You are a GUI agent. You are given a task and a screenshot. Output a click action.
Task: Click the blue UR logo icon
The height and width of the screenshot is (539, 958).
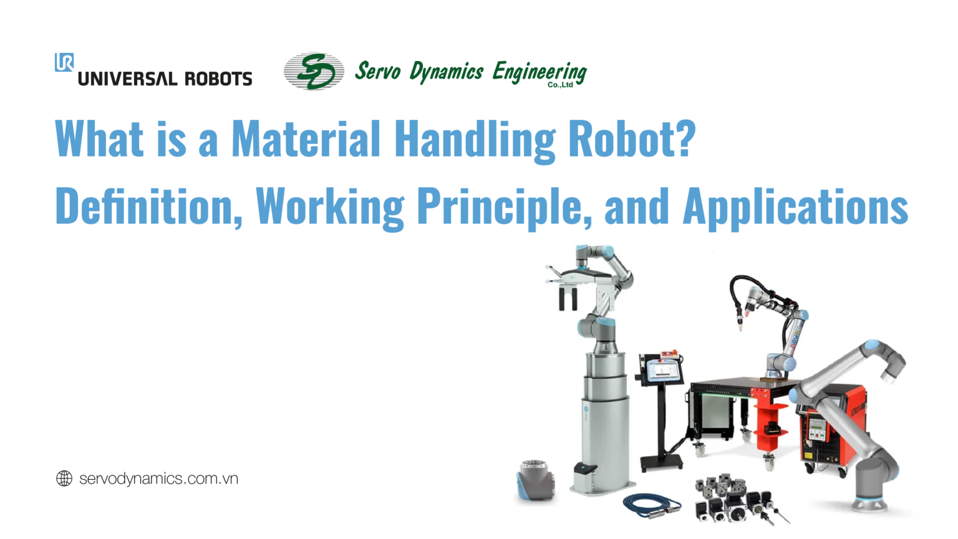(x=64, y=62)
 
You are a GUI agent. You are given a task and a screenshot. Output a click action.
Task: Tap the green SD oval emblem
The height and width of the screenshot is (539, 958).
(x=314, y=71)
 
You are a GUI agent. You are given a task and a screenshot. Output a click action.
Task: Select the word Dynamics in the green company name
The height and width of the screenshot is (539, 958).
(x=446, y=72)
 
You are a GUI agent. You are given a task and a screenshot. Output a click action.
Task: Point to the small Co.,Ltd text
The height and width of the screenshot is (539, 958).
(x=560, y=85)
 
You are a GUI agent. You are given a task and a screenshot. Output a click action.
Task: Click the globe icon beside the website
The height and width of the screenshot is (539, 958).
(x=64, y=478)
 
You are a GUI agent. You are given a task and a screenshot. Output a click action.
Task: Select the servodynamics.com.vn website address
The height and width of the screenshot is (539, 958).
(x=158, y=478)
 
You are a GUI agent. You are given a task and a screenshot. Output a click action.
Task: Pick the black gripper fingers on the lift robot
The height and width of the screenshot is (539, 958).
(x=568, y=299)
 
